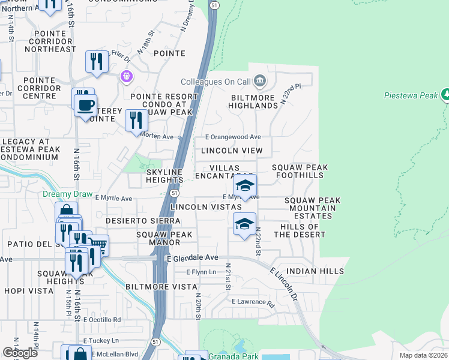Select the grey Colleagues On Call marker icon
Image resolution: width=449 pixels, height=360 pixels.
point(259,80)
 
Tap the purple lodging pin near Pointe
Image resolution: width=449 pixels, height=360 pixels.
point(125,76)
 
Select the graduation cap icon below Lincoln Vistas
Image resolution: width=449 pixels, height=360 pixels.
point(244,224)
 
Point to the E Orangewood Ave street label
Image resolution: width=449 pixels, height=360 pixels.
point(234,137)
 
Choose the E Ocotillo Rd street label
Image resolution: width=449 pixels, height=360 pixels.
point(102,319)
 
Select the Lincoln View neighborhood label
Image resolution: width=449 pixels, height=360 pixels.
point(232,151)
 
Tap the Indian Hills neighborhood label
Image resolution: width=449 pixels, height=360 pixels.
point(316,271)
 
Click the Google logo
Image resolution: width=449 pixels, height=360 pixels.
point(20,352)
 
